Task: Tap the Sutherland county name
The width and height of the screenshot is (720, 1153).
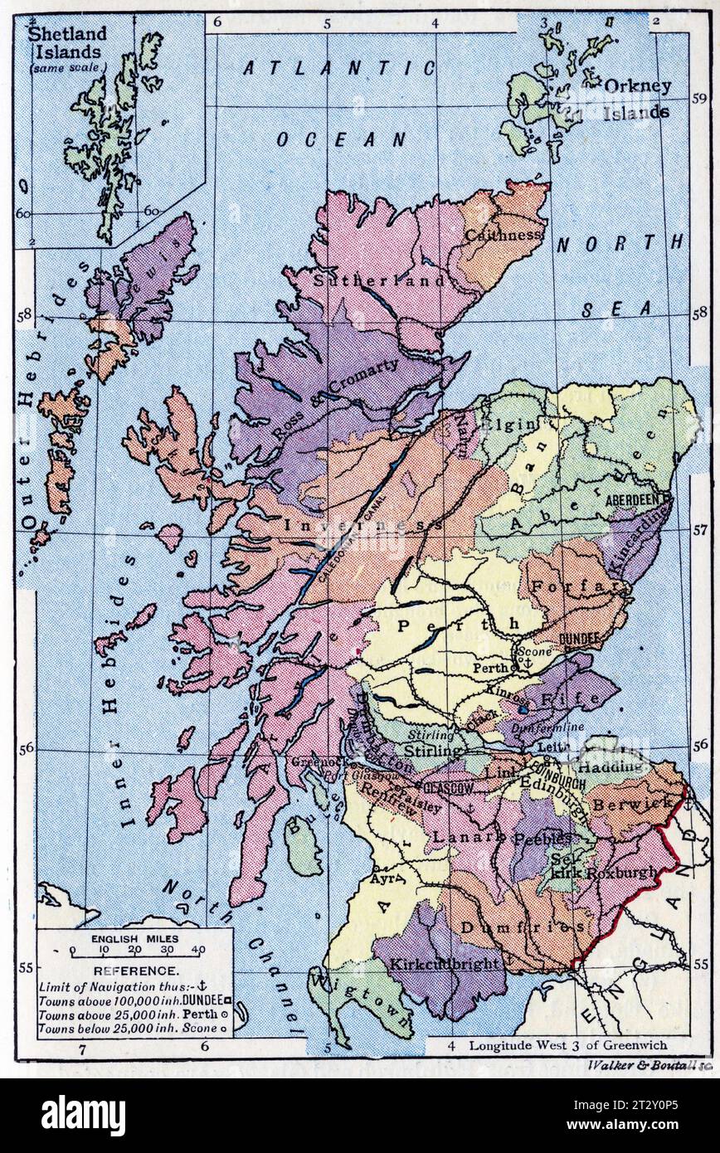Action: tap(379, 280)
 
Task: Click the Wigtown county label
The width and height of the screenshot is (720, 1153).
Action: tap(362, 1005)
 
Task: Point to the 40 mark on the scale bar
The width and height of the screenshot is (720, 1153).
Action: tap(198, 951)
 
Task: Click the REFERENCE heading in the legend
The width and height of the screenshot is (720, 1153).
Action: tap(134, 971)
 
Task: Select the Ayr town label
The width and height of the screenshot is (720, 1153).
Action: tap(387, 877)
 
